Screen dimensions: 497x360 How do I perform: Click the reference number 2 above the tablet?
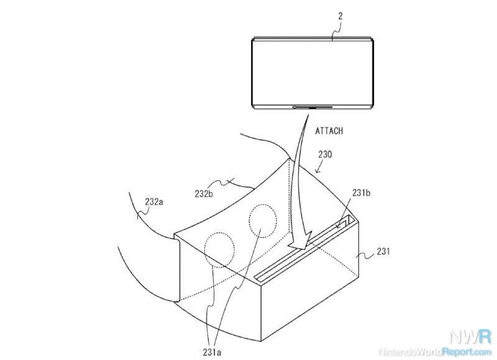340,16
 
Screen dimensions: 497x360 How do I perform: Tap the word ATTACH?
329,131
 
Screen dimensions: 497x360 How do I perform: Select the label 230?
325,154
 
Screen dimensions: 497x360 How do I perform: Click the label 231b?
361,193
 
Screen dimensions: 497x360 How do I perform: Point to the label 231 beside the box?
383,252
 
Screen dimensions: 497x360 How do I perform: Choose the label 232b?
204,193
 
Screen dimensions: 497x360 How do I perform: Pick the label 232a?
154,201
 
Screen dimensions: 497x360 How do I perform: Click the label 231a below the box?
212,352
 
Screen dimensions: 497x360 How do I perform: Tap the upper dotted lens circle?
263,221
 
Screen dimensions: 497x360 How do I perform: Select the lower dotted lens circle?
219,250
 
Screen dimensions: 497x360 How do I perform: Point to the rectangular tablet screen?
312,73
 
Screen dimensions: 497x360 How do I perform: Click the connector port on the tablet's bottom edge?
312,107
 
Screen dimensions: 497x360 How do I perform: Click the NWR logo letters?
470,336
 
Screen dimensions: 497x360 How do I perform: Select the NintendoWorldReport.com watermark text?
435,351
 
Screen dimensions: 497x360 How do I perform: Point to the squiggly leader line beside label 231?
365,255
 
